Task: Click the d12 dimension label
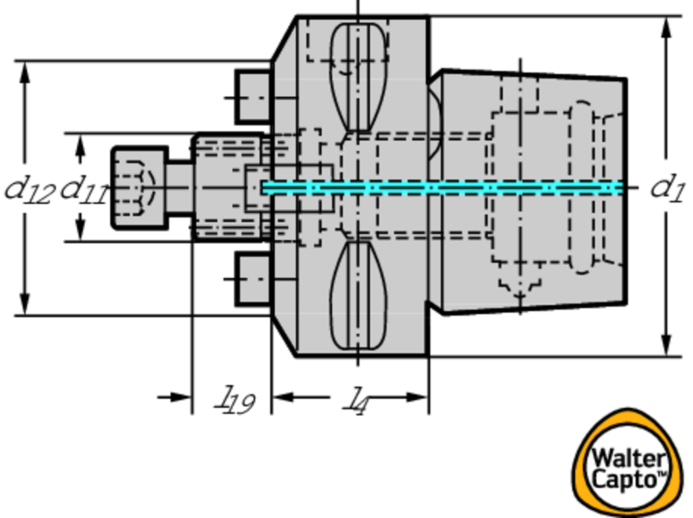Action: click(30, 191)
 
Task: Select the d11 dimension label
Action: click(84, 191)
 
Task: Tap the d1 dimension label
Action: click(667, 188)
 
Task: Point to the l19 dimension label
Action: click(235, 400)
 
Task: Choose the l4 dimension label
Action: click(356, 401)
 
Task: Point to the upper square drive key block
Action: click(253, 97)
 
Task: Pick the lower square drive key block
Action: click(253, 279)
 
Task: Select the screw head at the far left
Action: click(139, 188)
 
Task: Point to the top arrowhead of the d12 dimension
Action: click(25, 72)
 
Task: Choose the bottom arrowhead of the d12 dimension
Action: click(25, 304)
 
